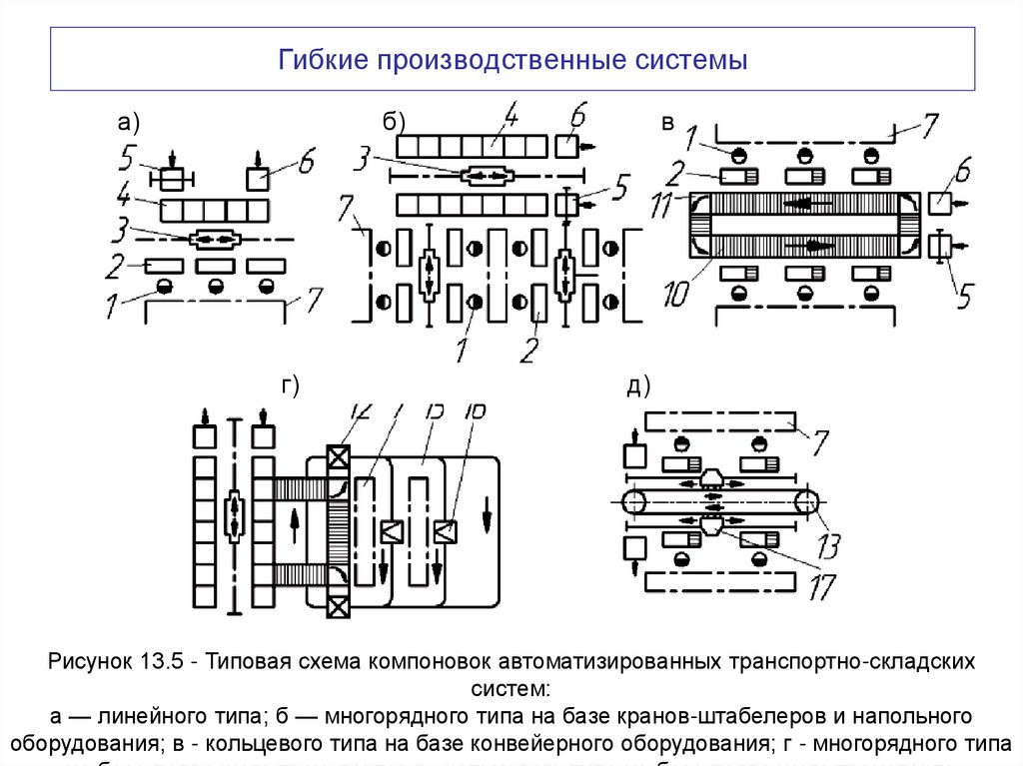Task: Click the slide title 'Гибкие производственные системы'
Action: point(511,61)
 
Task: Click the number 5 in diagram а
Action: point(127,157)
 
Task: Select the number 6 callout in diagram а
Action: point(306,159)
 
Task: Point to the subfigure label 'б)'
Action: point(394,122)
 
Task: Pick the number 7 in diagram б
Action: point(347,211)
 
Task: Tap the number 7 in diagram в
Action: point(928,126)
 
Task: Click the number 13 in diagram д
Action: point(828,545)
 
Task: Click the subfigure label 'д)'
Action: point(639,387)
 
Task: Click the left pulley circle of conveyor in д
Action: point(634,503)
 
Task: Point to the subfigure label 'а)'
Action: point(128,123)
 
